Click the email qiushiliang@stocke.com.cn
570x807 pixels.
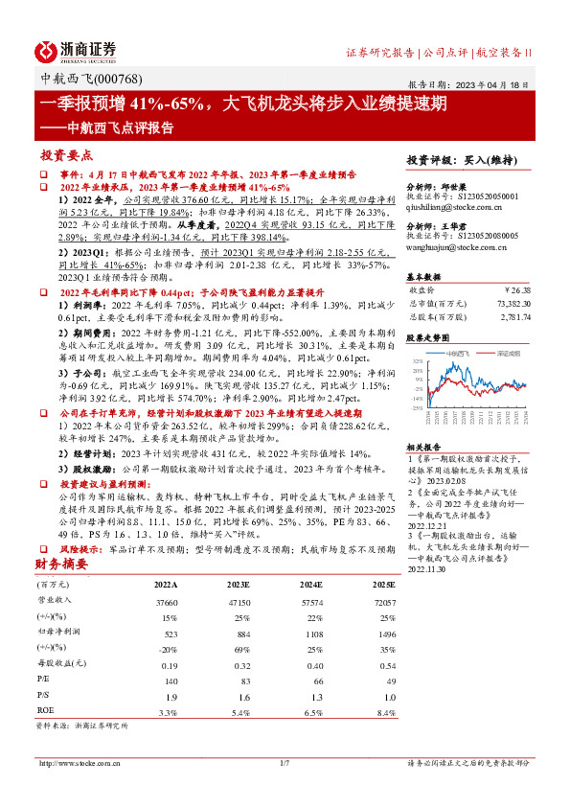(450, 205)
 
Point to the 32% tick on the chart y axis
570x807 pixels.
(417, 359)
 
